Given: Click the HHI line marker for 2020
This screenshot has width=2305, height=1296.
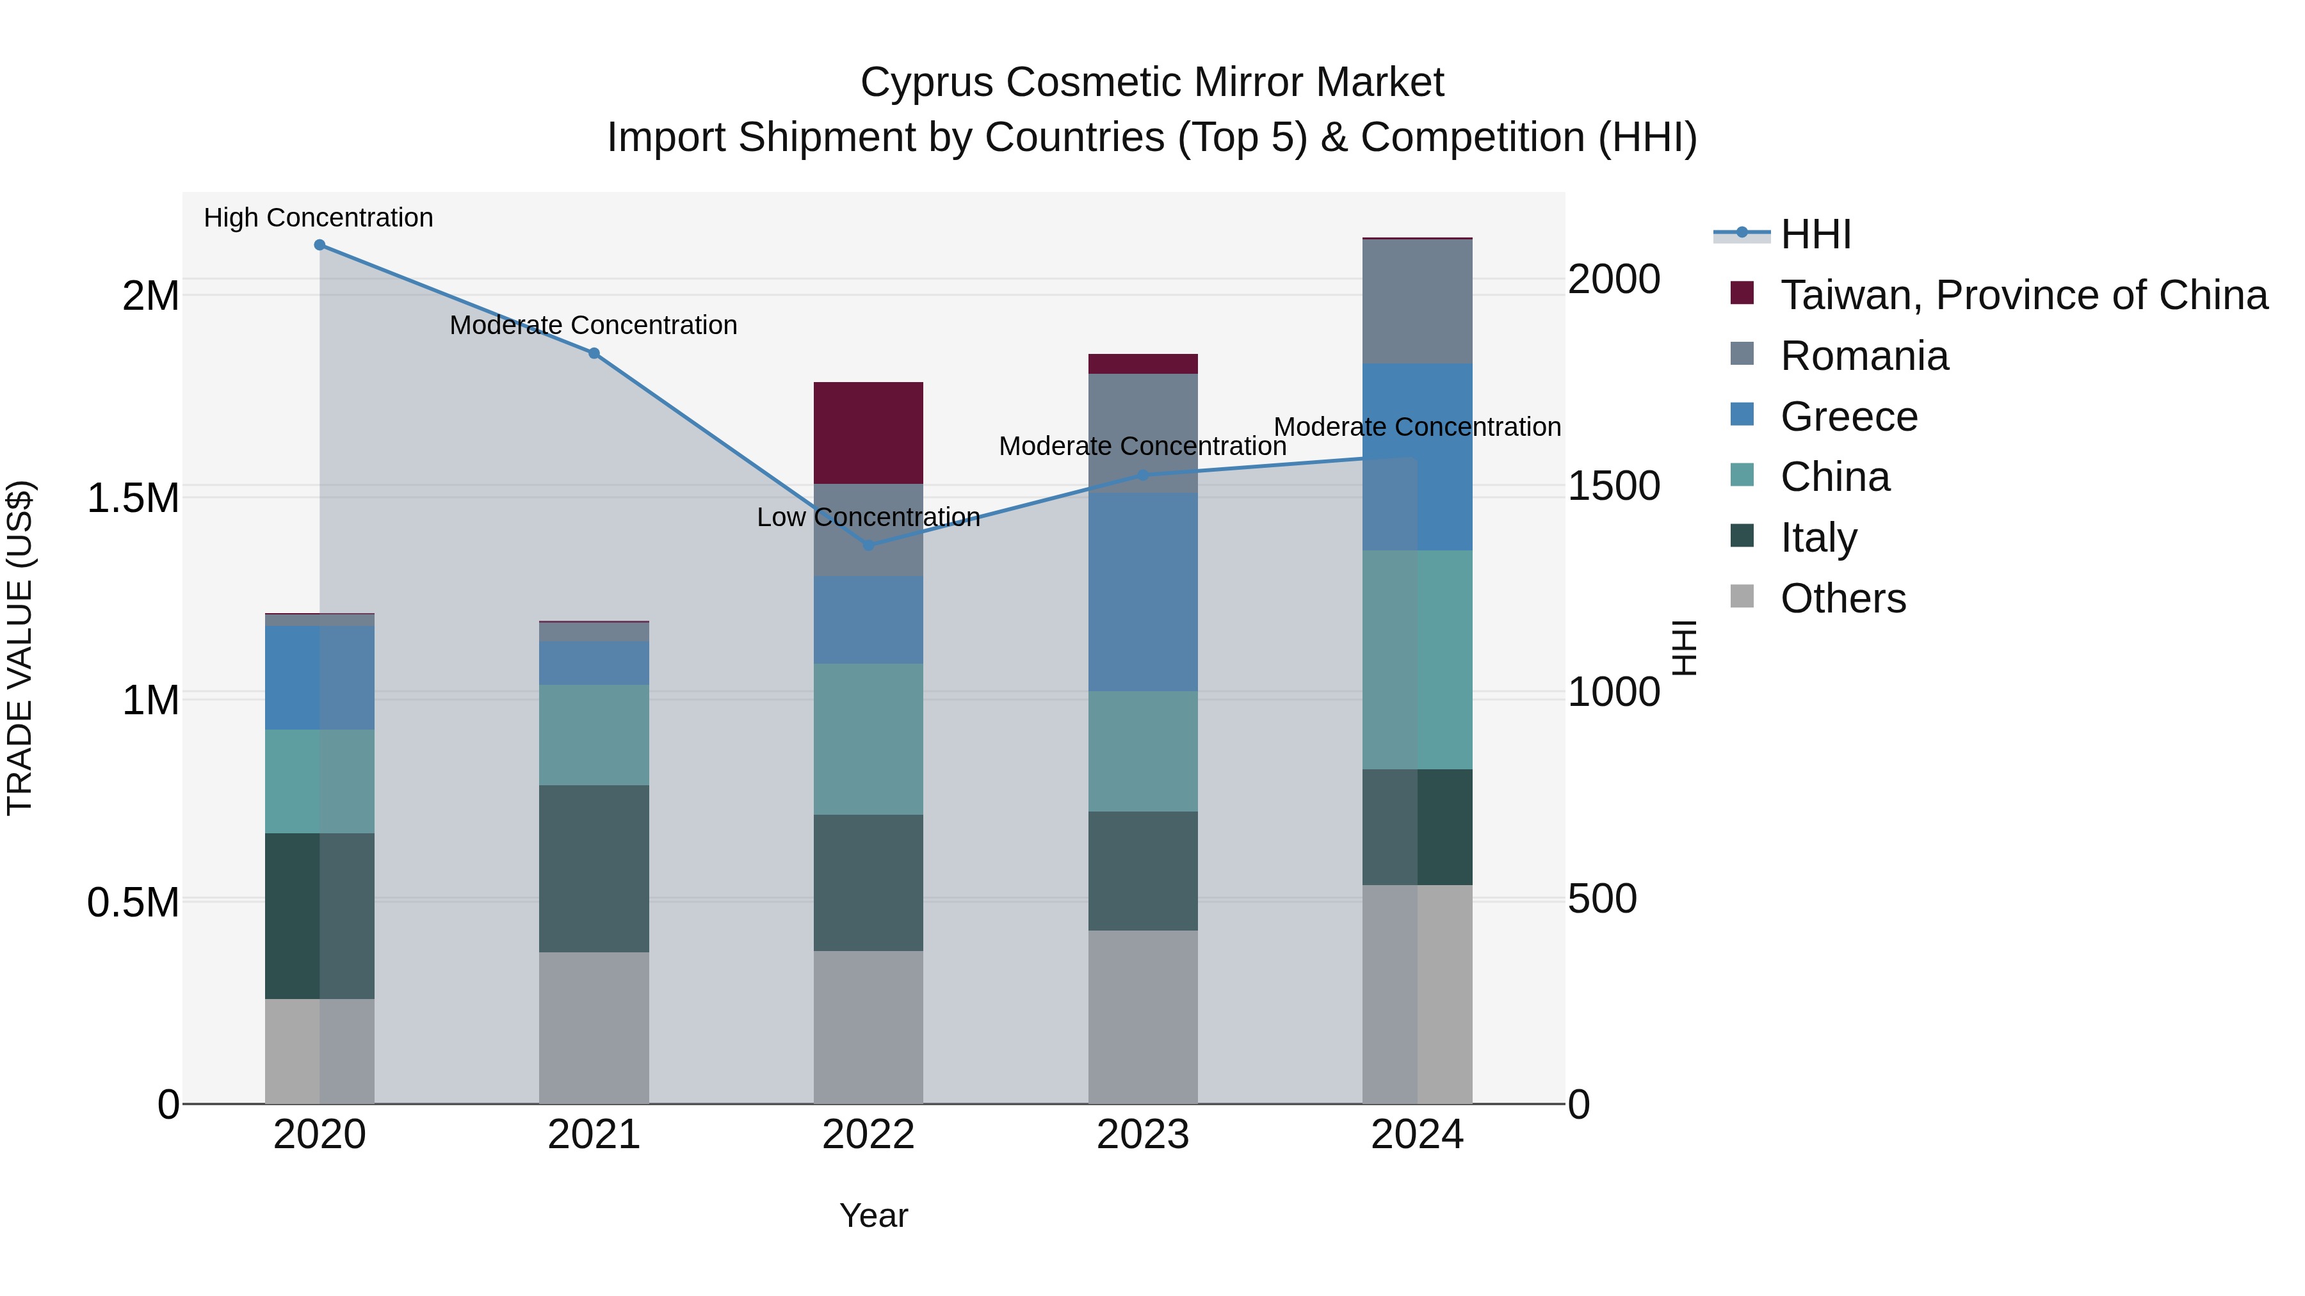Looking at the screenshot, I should [319, 245].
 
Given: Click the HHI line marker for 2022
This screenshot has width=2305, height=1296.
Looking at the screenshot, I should [868, 545].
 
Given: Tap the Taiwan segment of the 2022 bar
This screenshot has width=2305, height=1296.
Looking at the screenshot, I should [868, 433].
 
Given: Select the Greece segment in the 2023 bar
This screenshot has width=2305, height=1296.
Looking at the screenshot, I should [1143, 592].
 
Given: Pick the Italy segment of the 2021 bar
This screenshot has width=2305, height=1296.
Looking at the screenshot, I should [594, 868].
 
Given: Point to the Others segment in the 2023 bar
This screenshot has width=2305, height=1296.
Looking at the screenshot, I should [1143, 1017].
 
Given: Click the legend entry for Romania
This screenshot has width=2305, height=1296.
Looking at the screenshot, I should [1864, 356].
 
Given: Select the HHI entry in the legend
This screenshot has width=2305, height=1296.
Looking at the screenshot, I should [1815, 234].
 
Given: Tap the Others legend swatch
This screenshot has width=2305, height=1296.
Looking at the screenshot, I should [1742, 596].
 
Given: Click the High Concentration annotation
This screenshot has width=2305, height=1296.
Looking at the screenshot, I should [319, 218].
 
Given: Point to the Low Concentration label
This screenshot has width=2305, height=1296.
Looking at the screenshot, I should [868, 517].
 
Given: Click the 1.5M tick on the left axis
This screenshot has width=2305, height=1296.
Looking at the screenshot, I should [133, 498].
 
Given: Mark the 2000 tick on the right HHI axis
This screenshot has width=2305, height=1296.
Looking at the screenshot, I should [1613, 279].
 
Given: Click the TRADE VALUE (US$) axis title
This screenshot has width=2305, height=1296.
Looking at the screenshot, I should [20, 648].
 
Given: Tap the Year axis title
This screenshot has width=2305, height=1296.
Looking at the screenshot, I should [873, 1215].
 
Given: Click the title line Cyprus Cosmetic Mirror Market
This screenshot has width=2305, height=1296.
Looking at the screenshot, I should [1152, 83].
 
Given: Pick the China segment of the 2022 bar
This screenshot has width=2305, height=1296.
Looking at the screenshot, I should [868, 739].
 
